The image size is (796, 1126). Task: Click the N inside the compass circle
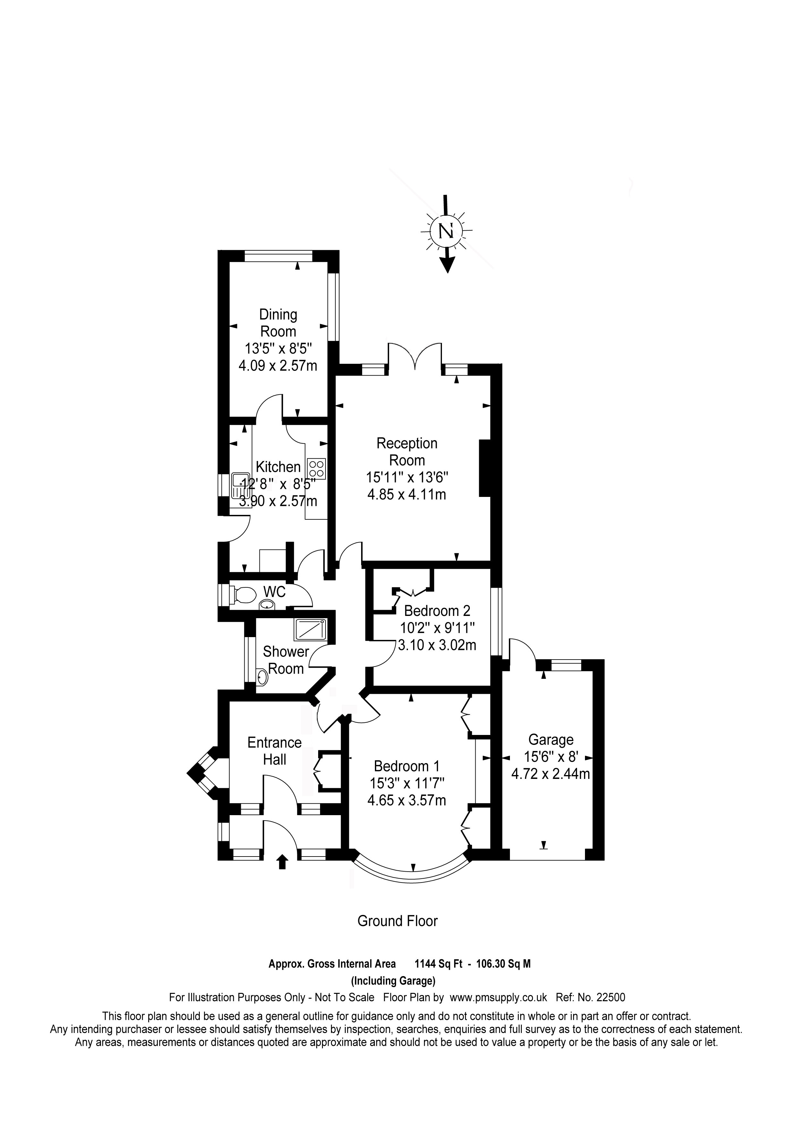pos(445,231)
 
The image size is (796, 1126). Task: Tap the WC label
pos(275,592)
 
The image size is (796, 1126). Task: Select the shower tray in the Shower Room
pos(310,630)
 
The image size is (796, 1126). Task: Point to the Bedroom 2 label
pos(437,610)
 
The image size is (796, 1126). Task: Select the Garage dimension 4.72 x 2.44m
pos(550,774)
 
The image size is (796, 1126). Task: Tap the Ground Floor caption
pos(397,921)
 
